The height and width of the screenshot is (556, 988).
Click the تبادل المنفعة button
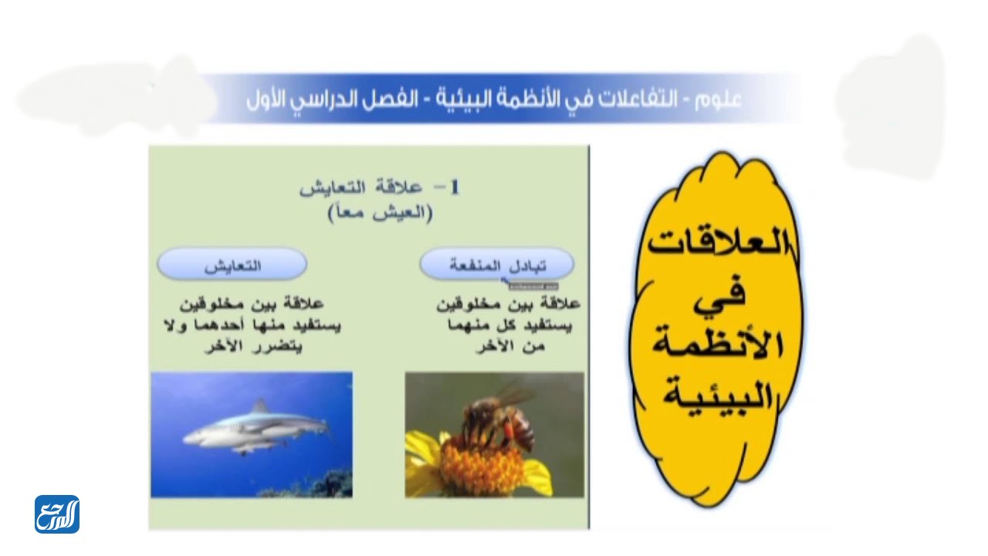(497, 265)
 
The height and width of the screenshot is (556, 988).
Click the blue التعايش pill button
(232, 265)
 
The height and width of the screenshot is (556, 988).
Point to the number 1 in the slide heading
(455, 188)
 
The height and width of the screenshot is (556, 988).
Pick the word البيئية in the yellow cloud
(718, 395)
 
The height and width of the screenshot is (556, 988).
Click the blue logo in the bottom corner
(57, 514)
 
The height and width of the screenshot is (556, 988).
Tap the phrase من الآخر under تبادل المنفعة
(511, 347)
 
